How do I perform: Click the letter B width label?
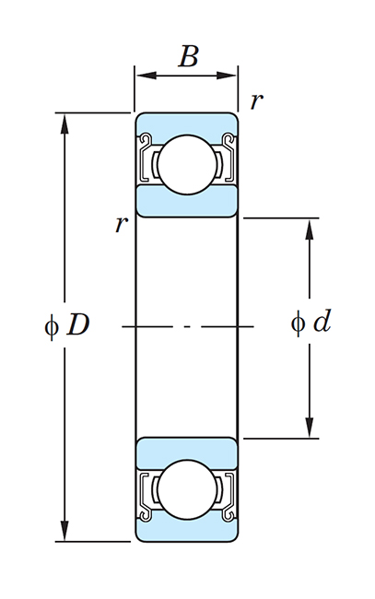pyautogui.click(x=188, y=56)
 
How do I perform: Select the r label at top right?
pyautogui.click(x=257, y=101)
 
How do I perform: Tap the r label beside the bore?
pyautogui.click(x=122, y=224)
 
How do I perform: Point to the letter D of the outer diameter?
pyautogui.click(x=78, y=325)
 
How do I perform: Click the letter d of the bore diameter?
pyautogui.click(x=322, y=320)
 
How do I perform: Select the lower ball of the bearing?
pyautogui.click(x=187, y=490)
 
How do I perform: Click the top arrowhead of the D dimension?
pyautogui.click(x=65, y=123)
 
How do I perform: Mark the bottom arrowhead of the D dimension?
pyautogui.click(x=65, y=531)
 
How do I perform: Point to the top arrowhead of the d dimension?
pyautogui.click(x=310, y=229)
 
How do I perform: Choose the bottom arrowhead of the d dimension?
pyautogui.click(x=310, y=428)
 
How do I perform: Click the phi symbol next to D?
pyautogui.click(x=52, y=326)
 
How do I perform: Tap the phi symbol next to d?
pyautogui.click(x=298, y=323)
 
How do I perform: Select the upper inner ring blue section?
pyautogui.click(x=187, y=201)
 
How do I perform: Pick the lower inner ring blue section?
pyautogui.click(x=187, y=453)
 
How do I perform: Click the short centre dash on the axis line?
pyautogui.click(x=187, y=326)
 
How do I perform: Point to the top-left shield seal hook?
pyautogui.click(x=146, y=140)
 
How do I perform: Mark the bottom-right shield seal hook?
pyautogui.click(x=229, y=514)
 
